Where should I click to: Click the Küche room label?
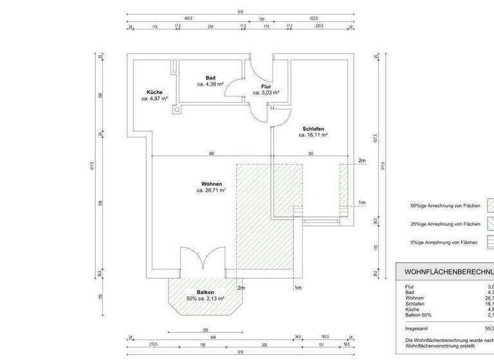[154, 92]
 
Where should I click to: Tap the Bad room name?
[210, 78]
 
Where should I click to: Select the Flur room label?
[266, 86]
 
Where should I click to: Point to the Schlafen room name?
[313, 129]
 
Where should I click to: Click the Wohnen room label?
[211, 184]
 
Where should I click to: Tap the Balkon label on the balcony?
[206, 292]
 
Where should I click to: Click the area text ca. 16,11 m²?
[313, 136]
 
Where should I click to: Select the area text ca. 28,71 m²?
[211, 191]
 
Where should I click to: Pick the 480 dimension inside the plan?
[211, 154]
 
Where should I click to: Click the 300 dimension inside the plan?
[310, 154]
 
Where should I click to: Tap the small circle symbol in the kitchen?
[176, 110]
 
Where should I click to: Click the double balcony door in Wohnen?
[202, 262]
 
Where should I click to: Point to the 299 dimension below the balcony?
[205, 329]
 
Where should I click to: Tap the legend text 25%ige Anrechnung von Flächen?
[445, 224]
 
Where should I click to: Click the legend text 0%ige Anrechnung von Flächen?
[444, 242]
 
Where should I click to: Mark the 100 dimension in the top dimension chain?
[262, 19]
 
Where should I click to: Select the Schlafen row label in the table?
[416, 303]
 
